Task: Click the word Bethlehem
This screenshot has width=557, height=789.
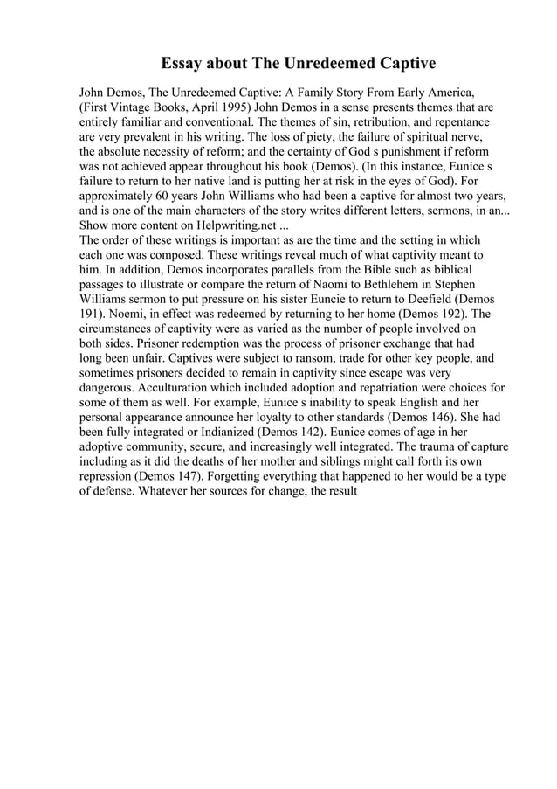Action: tap(390, 283)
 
